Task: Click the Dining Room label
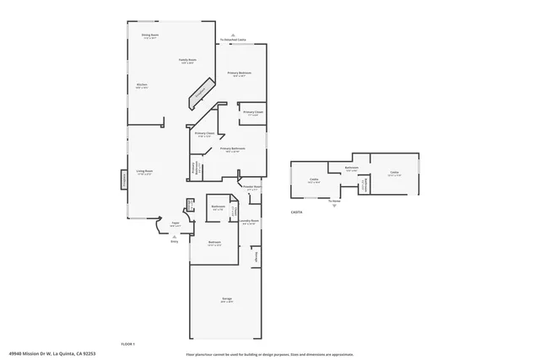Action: tap(150, 35)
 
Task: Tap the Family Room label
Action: tap(186, 60)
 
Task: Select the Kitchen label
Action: tap(143, 84)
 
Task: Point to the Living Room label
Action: tap(144, 171)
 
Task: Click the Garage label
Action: tap(227, 299)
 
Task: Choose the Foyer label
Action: tap(175, 223)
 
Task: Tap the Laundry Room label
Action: tap(248, 221)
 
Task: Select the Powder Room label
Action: tap(251, 187)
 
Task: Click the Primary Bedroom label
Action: tap(240, 73)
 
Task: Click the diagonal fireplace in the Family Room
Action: tap(200, 94)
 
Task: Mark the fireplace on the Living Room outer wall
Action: tap(124, 179)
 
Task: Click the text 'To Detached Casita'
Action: tap(233, 40)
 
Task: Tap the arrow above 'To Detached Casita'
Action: tap(233, 35)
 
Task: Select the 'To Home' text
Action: tap(334, 201)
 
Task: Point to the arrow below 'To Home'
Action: tap(334, 207)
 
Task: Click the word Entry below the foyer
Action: tap(174, 241)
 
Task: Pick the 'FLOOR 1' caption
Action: tap(128, 344)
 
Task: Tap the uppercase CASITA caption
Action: tap(296, 212)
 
